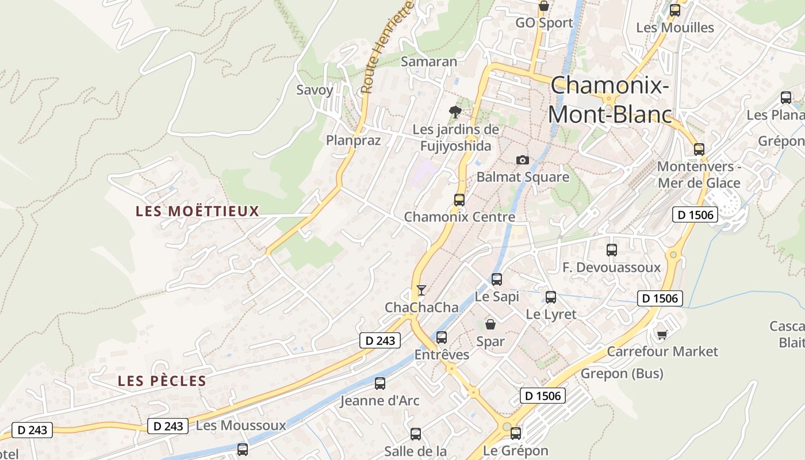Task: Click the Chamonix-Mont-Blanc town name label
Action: coord(609,100)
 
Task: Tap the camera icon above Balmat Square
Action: coord(522,160)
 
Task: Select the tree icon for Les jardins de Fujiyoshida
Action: coord(455,112)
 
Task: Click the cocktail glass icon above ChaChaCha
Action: coord(421,290)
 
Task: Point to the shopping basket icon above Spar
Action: coord(490,324)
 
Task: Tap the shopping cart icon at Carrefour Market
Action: coord(662,334)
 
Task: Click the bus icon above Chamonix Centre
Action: coord(459,200)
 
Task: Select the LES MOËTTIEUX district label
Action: coord(197,211)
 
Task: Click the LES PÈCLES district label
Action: coord(162,381)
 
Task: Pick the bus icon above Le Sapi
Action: coord(497,279)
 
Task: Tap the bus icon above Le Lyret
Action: coord(551,297)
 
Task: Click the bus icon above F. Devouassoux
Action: coord(612,250)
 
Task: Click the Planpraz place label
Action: coord(353,140)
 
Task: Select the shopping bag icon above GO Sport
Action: coord(544,6)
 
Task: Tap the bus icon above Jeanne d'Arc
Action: coord(380,384)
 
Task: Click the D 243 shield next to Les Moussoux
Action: coord(168,426)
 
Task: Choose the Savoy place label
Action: coord(315,90)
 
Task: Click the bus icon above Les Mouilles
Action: coord(675,10)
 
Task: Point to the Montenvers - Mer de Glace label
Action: coord(699,175)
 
